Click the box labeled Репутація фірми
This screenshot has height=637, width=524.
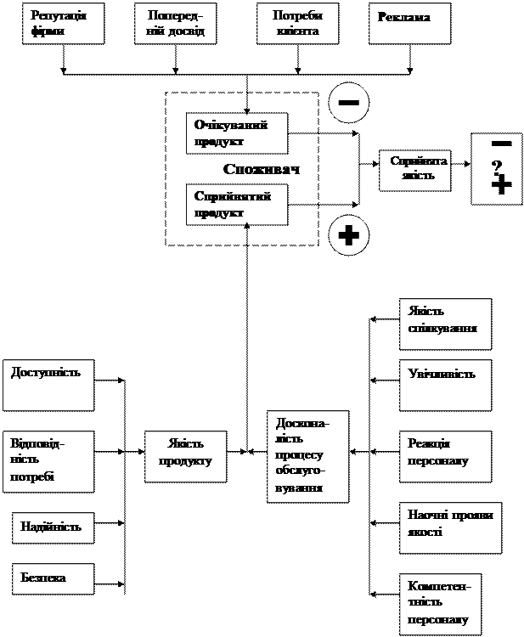coord(64,24)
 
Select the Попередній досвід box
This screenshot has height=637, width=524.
coord(175,24)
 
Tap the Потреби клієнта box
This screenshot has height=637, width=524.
coord(297,24)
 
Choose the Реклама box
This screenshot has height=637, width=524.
coord(409,24)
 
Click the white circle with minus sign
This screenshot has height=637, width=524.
coord(349,102)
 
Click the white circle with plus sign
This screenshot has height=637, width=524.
coord(349,235)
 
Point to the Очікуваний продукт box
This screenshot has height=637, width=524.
coord(236,133)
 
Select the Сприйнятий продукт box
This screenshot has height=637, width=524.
coord(236,205)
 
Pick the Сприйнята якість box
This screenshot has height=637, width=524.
coord(414,170)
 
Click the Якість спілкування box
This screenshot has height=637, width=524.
coord(445,324)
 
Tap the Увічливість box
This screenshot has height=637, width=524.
coord(445,384)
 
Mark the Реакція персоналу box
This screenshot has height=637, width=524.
coord(445,456)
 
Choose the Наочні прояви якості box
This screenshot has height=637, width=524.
coord(450,527)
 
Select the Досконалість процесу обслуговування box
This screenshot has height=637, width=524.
coord(307,456)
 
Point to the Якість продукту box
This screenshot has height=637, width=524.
coord(185,456)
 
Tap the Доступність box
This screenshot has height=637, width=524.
coord(48,385)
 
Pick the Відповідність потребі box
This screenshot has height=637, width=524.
coord(48,461)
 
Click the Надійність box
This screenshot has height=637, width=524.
coord(53,527)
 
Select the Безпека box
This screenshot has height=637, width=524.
coord(53,578)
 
